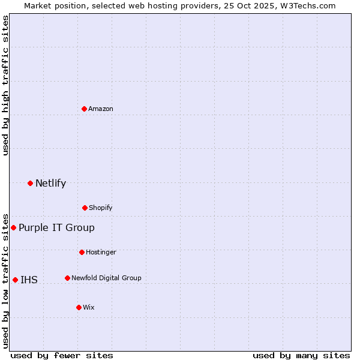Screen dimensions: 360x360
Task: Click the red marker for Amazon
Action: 84,109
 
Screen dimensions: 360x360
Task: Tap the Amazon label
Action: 101,109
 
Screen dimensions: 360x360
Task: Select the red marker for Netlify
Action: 30,183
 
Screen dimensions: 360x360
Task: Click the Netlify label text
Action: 50,184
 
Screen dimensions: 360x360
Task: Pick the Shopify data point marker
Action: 85,208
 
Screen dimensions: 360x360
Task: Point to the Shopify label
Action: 101,208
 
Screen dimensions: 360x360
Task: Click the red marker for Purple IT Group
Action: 13,227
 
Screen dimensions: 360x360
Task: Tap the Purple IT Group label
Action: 56,228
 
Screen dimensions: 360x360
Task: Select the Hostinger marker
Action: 82,252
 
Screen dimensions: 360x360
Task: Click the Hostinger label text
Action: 101,253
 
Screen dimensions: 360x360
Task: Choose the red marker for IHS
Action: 15,280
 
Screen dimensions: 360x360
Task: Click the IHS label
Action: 29,280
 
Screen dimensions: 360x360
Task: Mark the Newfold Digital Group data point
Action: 67,278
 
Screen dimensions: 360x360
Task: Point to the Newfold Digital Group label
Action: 106,278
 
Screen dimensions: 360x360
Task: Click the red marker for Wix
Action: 79,307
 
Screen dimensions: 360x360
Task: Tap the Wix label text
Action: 89,308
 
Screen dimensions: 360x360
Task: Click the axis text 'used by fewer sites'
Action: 62,356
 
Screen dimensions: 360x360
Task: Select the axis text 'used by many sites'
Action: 301,356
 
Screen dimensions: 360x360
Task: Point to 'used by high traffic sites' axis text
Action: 6,85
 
